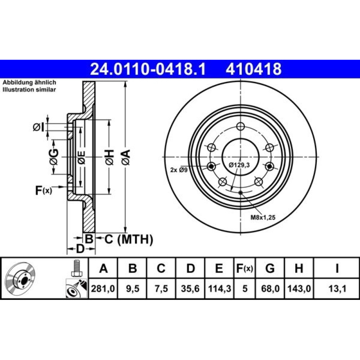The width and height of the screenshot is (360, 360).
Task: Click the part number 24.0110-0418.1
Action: click(148, 69)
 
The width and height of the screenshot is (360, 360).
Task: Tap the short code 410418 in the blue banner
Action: click(253, 69)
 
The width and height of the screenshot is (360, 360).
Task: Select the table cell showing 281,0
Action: click(103, 289)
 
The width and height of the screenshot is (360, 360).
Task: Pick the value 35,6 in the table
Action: click(190, 289)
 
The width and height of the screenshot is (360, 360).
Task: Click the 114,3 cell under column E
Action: click(219, 289)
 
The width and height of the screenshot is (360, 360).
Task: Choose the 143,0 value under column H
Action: click(299, 289)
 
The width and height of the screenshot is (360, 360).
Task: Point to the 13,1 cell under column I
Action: click(337, 289)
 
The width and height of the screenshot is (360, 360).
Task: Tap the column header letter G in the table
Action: click(270, 268)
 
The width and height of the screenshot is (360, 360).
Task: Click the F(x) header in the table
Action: click(244, 268)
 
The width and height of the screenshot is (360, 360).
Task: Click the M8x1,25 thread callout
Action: click(263, 217)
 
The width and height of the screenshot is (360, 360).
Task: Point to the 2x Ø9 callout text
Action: click(179, 170)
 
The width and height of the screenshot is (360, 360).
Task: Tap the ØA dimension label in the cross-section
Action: click(126, 157)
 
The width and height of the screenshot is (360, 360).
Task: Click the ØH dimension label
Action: click(109, 157)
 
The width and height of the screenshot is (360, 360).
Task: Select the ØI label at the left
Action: click(39, 127)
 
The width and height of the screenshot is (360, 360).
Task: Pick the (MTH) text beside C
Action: click(135, 239)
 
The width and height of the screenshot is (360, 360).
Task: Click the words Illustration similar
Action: click(29, 90)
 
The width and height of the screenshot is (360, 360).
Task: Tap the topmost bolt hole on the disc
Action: click(240, 126)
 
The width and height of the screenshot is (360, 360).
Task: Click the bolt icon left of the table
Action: click(76, 268)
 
